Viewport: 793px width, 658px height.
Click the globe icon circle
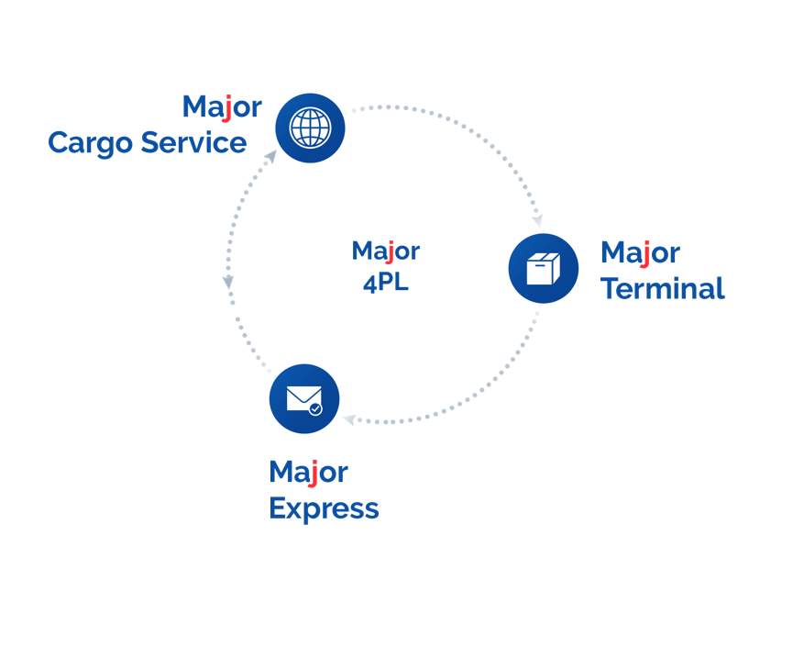point(310,128)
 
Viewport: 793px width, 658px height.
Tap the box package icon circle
point(543,269)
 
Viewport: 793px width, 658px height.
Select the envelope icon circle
point(304,399)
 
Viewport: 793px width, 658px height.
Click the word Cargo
point(89,143)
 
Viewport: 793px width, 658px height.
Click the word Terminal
point(662,288)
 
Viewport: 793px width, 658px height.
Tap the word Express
point(323,508)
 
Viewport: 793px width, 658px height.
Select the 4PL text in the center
point(385,283)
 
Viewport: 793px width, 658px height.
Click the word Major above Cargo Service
point(222,106)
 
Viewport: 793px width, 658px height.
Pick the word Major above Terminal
point(640,252)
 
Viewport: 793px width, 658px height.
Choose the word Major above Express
point(308,472)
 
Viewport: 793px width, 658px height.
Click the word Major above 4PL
point(385,251)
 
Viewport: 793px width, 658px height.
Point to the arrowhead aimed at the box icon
point(537,220)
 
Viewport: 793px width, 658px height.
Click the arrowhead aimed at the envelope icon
point(349,420)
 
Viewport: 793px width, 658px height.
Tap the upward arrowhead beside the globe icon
point(270,157)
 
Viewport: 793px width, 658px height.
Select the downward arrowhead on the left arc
point(228,283)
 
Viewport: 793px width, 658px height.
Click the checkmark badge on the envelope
point(315,408)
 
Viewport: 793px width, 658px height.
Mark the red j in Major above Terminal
point(645,254)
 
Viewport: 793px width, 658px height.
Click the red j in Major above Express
point(314,474)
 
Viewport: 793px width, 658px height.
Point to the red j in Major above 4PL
point(390,252)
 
